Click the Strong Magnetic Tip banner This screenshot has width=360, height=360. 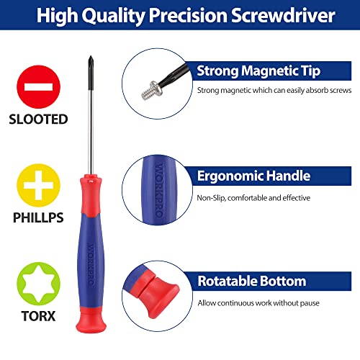click(258, 71)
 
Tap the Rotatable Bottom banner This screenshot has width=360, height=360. click(251, 281)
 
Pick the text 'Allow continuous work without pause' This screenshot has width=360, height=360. click(258, 302)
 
